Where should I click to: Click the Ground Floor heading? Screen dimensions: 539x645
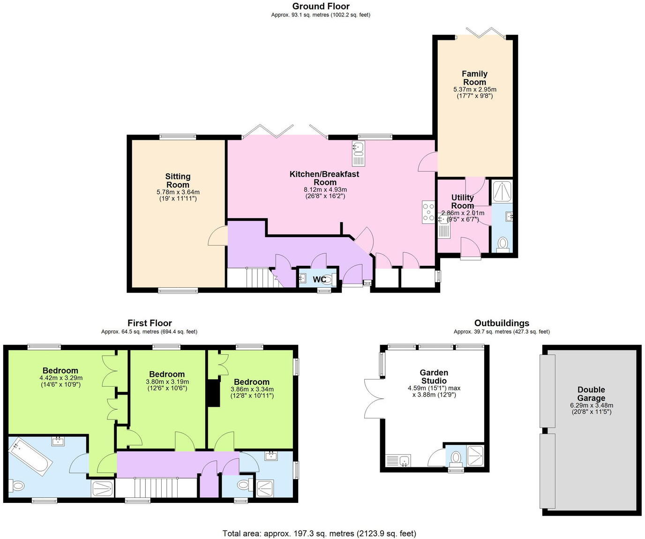pyautogui.click(x=321, y=6)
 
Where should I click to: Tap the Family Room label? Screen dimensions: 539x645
pyautogui.click(x=474, y=78)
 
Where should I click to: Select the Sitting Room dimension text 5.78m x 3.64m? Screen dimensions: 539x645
pyautogui.click(x=178, y=192)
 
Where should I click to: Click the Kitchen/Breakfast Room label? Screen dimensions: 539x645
pyautogui.click(x=324, y=178)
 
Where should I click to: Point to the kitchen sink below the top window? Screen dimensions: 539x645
pyautogui.click(x=358, y=154)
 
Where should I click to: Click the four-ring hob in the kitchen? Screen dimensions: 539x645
pyautogui.click(x=428, y=212)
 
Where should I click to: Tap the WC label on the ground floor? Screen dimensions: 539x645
pyautogui.click(x=319, y=280)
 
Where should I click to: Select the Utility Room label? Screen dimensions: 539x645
pyautogui.click(x=462, y=202)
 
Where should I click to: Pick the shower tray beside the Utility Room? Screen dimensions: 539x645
pyautogui.click(x=502, y=190)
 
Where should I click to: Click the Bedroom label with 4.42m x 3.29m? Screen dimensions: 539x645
pyautogui.click(x=60, y=371)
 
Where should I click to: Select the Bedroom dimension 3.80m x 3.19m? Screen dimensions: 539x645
pyautogui.click(x=167, y=382)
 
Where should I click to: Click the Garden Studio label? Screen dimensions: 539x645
pyautogui.click(x=434, y=377)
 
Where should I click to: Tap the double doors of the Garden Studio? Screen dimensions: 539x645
pyautogui.click(x=373, y=398)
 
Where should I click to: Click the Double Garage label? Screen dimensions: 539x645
pyautogui.click(x=591, y=394)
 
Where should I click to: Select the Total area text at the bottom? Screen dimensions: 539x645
pyautogui.click(x=319, y=533)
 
